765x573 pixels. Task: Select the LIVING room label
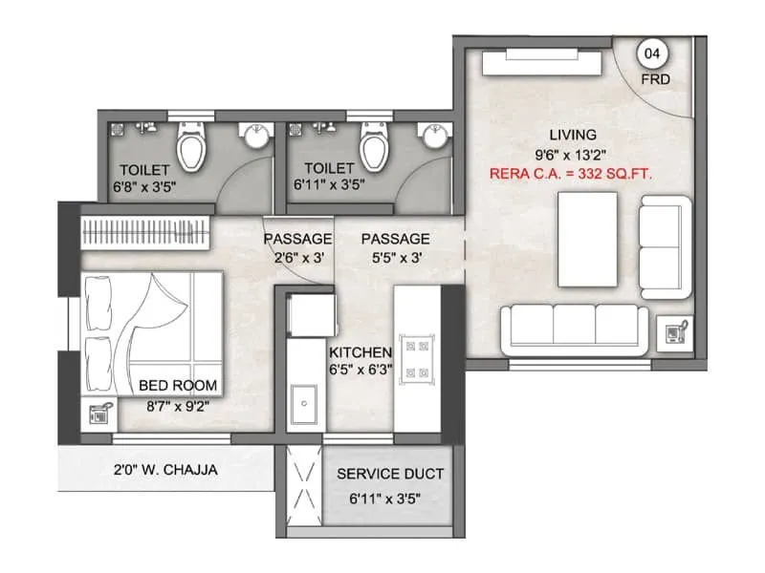point(573,135)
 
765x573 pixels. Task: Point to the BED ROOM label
point(178,386)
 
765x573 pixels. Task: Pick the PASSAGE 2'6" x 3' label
point(298,238)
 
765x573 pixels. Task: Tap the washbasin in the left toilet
point(254,137)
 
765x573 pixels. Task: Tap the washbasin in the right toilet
point(435,137)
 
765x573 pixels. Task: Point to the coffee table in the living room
point(588,238)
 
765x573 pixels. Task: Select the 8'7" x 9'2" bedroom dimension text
point(178,405)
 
